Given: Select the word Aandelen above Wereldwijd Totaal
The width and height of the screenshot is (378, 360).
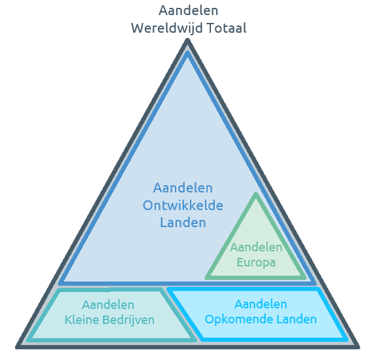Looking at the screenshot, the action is click(188, 10).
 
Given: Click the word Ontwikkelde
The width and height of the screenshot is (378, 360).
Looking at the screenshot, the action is click(183, 206).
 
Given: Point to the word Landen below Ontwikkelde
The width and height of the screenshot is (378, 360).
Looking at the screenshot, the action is click(183, 223).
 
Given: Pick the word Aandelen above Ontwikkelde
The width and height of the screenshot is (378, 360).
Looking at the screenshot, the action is click(183, 188).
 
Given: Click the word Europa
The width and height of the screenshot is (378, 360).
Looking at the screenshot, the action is click(256, 262).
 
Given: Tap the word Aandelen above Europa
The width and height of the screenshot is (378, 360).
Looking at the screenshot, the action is click(256, 247).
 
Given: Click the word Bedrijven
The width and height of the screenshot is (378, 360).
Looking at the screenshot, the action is click(128, 321).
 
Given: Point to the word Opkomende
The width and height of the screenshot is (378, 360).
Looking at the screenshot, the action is click(238, 319).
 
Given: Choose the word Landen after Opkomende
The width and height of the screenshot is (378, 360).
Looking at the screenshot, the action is click(297, 319).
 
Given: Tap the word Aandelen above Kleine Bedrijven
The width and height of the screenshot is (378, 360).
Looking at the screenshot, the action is click(108, 305).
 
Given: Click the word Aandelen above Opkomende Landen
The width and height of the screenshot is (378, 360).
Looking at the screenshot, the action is click(261, 304).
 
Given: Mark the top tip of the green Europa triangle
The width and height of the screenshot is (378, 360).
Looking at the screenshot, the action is click(256, 193).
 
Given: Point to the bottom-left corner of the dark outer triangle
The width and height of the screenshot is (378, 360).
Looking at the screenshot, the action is click(17, 348).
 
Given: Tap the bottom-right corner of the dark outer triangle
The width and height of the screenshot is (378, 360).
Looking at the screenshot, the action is click(358, 348).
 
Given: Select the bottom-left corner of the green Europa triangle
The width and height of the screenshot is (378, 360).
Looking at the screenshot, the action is click(206, 278).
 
